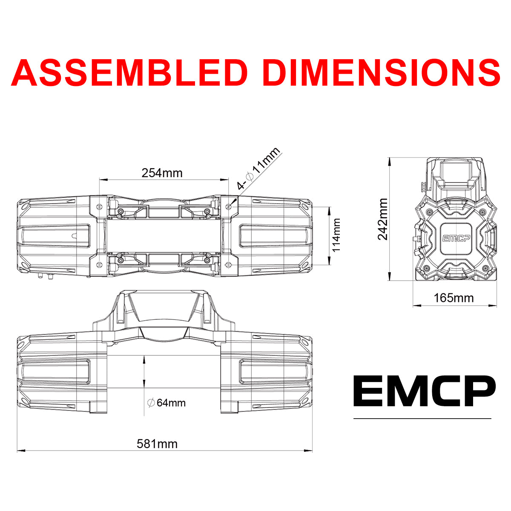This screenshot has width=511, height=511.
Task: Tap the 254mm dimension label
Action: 162,173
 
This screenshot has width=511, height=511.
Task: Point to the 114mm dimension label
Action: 337,235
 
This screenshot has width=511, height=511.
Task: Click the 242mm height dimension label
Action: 383,219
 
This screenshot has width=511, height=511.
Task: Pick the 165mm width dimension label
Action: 454,298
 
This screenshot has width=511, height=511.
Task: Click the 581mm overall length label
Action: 157,444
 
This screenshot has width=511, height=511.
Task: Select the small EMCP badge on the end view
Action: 455,238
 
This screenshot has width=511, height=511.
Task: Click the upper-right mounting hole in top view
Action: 229,207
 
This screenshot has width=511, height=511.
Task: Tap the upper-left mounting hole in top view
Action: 99,207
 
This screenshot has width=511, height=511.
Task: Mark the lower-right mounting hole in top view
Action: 229,265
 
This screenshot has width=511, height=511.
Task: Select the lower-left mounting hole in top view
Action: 99,265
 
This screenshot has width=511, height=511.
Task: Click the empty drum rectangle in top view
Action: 164,235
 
